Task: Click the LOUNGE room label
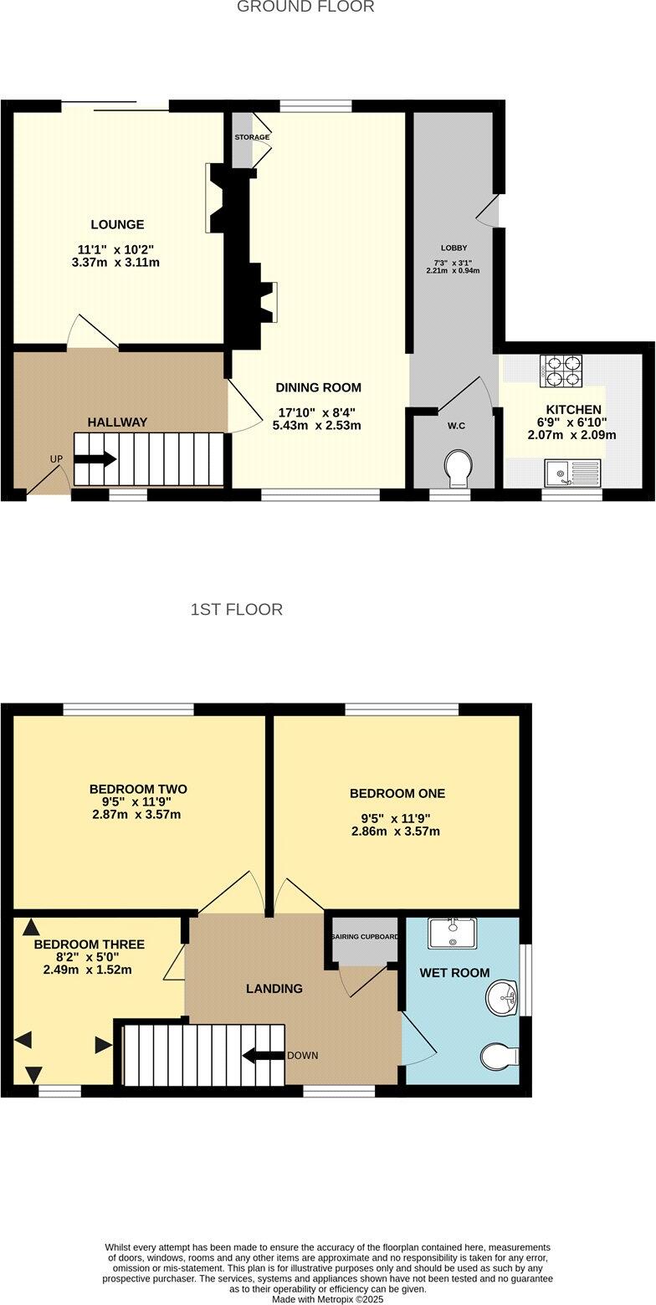[x=117, y=224]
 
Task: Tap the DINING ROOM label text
[x=318, y=387]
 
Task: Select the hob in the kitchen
[x=561, y=371]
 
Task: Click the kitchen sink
[x=572, y=473]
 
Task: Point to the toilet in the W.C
[x=458, y=468]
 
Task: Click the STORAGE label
[x=252, y=137]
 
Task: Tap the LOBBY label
[x=454, y=248]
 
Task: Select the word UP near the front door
[x=56, y=459]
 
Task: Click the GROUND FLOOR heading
[x=305, y=7]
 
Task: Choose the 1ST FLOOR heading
[x=236, y=609]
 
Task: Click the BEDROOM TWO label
[x=138, y=789]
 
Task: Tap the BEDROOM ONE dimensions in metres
[x=396, y=832]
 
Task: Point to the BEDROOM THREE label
[x=89, y=944]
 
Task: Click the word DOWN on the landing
[x=302, y=1056]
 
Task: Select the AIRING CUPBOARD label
[x=365, y=937]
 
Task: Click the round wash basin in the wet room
[x=502, y=995]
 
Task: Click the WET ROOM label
[x=454, y=973]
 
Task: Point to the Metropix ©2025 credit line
[x=327, y=1300]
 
